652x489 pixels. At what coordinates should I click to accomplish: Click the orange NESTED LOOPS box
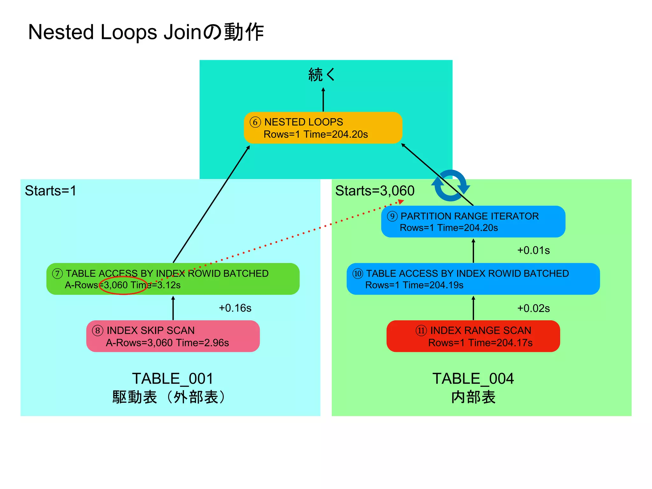(x=323, y=128)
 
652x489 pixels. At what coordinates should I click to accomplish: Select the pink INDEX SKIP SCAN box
(x=173, y=336)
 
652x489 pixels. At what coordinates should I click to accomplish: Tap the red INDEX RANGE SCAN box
(x=473, y=336)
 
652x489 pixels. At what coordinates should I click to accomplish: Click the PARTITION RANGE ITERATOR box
(x=473, y=222)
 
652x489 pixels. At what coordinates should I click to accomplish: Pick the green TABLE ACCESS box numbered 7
(x=173, y=279)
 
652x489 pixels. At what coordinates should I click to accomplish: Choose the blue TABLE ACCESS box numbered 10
(x=473, y=279)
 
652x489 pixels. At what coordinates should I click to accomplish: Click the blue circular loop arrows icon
(x=450, y=186)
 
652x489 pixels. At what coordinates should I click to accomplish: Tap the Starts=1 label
(x=51, y=191)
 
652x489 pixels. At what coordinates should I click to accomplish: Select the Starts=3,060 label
(x=375, y=191)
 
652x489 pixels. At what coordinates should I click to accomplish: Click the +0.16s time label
(x=235, y=308)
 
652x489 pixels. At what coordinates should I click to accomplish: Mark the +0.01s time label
(x=533, y=251)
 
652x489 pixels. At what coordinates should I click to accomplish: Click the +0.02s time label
(x=533, y=308)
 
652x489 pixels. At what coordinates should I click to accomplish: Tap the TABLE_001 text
(x=173, y=379)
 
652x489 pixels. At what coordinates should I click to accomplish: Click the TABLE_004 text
(x=473, y=379)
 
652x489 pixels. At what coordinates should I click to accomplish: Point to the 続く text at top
(x=322, y=75)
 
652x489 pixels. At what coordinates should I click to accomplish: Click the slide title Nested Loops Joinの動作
(x=146, y=32)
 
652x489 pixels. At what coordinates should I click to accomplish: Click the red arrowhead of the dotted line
(x=401, y=202)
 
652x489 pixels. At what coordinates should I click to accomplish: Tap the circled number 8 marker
(x=98, y=330)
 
